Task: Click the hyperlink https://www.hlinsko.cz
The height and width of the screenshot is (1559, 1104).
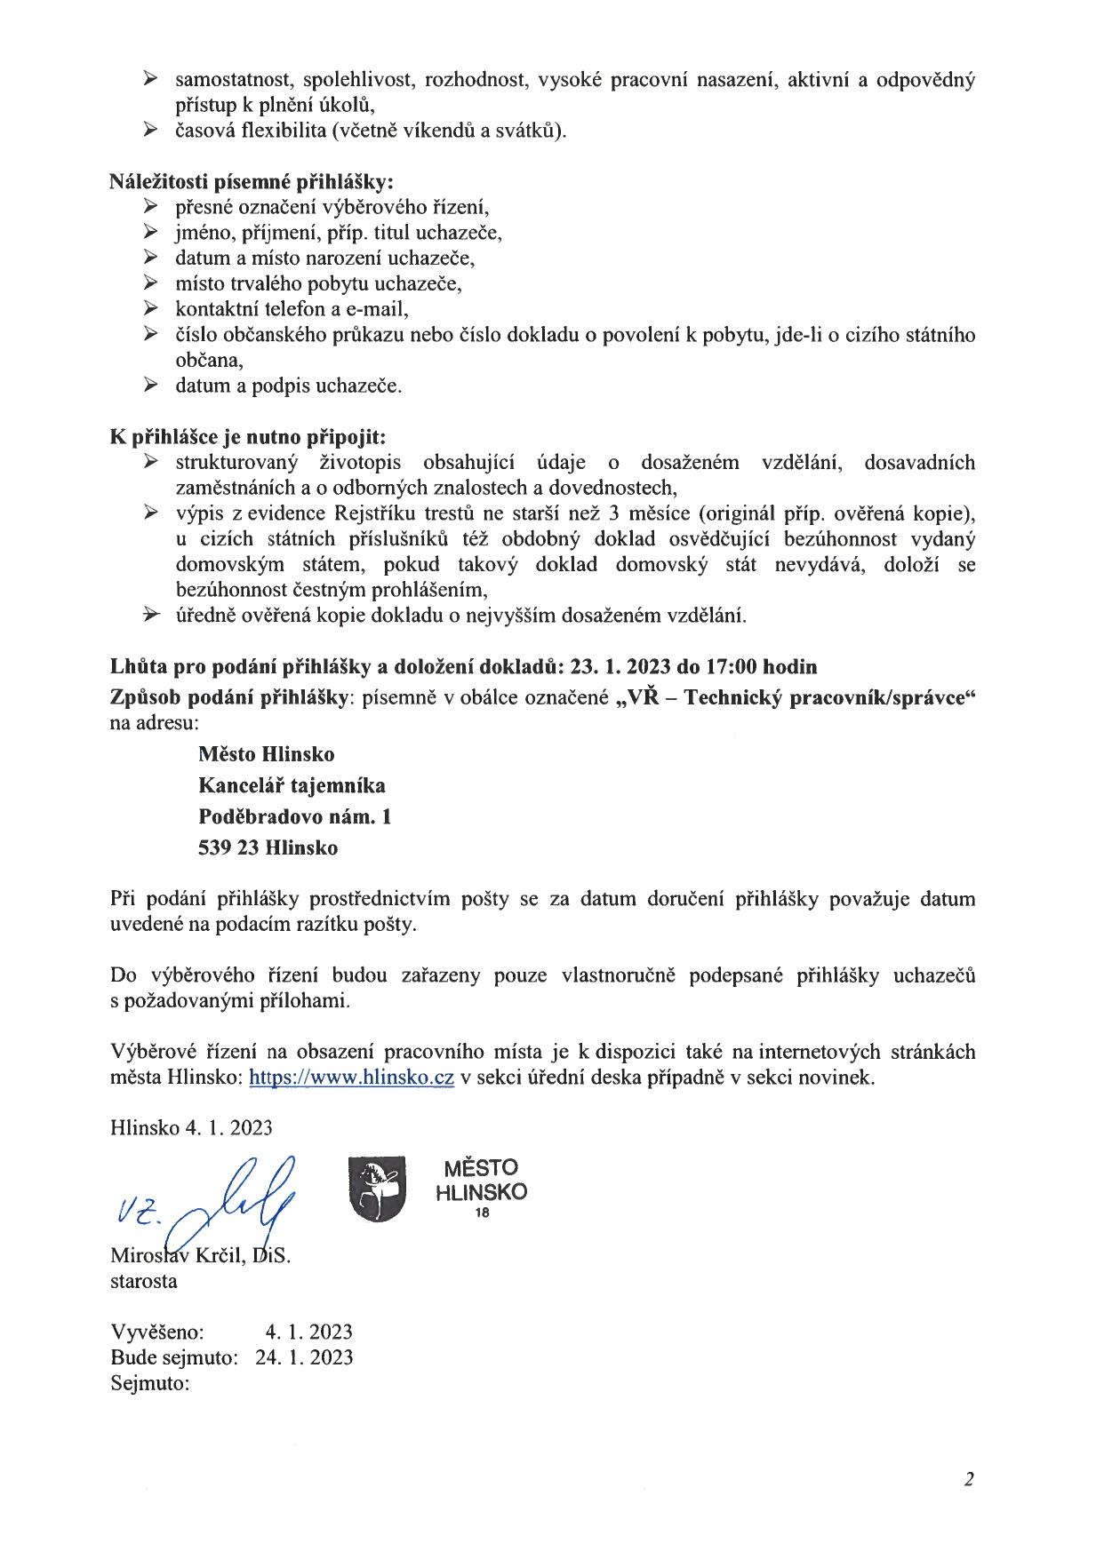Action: click(352, 1078)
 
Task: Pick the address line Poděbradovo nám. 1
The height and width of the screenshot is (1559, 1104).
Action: click(294, 816)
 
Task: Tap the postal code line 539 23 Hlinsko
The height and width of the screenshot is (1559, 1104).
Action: click(268, 847)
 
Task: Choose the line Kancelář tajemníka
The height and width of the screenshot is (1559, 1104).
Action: click(292, 785)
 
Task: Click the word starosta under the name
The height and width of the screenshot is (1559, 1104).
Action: click(143, 1281)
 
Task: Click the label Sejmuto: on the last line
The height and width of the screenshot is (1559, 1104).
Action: click(150, 1383)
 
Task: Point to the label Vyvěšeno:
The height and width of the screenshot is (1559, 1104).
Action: click(157, 1332)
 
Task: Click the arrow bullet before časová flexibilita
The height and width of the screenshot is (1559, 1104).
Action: click(150, 131)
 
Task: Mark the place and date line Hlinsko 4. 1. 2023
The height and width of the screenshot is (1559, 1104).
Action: click(191, 1128)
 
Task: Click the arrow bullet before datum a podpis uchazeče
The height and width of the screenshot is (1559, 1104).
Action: click(150, 386)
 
